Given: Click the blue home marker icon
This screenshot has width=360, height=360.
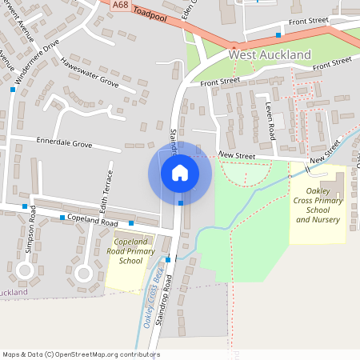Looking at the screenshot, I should point(180,172).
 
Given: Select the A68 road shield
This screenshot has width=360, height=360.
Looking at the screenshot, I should point(120,5).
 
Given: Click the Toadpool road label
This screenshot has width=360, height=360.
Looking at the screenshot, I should point(150,14).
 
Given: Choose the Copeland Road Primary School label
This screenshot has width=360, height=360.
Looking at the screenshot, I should point(130,251).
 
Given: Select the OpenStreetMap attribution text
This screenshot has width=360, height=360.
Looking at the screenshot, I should point(80,354).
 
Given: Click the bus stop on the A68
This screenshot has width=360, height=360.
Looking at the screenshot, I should point(278,35).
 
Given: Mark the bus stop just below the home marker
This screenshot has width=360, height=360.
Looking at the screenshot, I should point(181,203).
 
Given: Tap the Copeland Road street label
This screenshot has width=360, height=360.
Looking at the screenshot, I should point(93,221).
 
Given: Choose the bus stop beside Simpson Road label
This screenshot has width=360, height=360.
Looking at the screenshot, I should point(25,206).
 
